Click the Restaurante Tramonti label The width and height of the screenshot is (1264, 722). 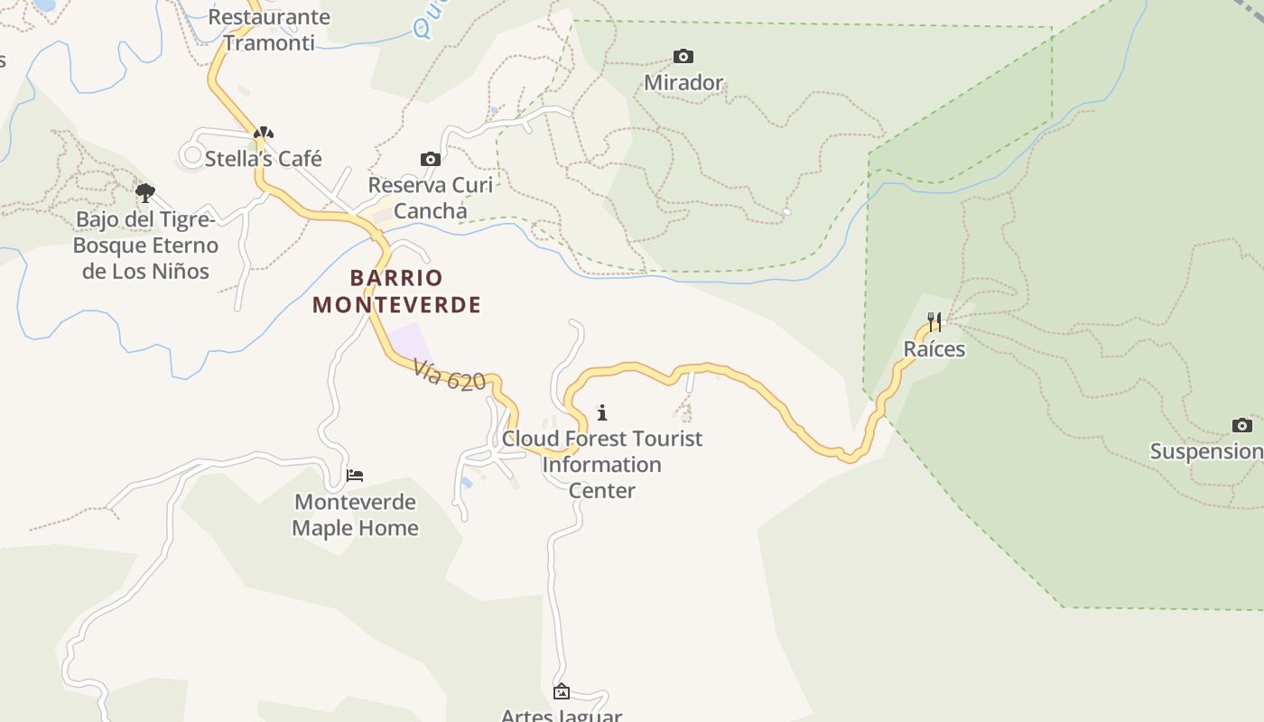pos(269,30)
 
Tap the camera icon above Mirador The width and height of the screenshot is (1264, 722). pos(683,57)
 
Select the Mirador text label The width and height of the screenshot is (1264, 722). pos(683,83)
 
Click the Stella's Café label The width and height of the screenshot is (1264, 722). pos(263,159)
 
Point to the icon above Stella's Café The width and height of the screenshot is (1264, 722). pos(263,133)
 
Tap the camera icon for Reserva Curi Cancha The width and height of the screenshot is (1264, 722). pos(431,160)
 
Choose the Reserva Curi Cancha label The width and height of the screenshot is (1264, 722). pos(431,198)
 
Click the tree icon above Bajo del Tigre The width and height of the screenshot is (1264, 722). pos(144,192)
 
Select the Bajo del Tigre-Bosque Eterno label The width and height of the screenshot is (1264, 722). pos(145,245)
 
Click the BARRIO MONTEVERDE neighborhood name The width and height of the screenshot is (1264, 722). pos(396,291)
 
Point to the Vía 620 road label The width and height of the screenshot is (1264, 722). pos(450,375)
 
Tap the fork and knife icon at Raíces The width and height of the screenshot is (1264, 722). pos(934,322)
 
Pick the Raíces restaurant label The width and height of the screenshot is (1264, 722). pos(934,349)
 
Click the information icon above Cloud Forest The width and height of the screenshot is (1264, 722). pos(602,413)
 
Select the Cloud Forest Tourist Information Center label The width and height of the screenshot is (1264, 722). pos(602,464)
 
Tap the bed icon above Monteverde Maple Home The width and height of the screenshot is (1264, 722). pos(355,476)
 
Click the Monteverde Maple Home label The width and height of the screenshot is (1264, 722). pos(355,514)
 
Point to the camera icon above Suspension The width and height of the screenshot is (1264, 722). pos(1241,425)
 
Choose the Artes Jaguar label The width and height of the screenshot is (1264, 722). pos(561,715)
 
